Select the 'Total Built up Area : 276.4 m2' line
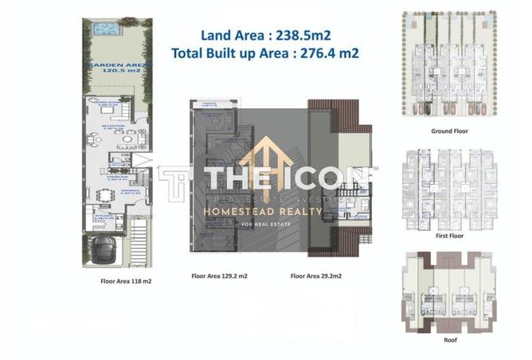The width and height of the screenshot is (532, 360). coord(264,53)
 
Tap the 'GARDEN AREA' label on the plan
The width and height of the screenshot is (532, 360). coord(118,65)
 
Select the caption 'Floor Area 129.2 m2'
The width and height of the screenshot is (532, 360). coord(220,276)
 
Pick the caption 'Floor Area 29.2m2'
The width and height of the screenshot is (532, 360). coord(317,276)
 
